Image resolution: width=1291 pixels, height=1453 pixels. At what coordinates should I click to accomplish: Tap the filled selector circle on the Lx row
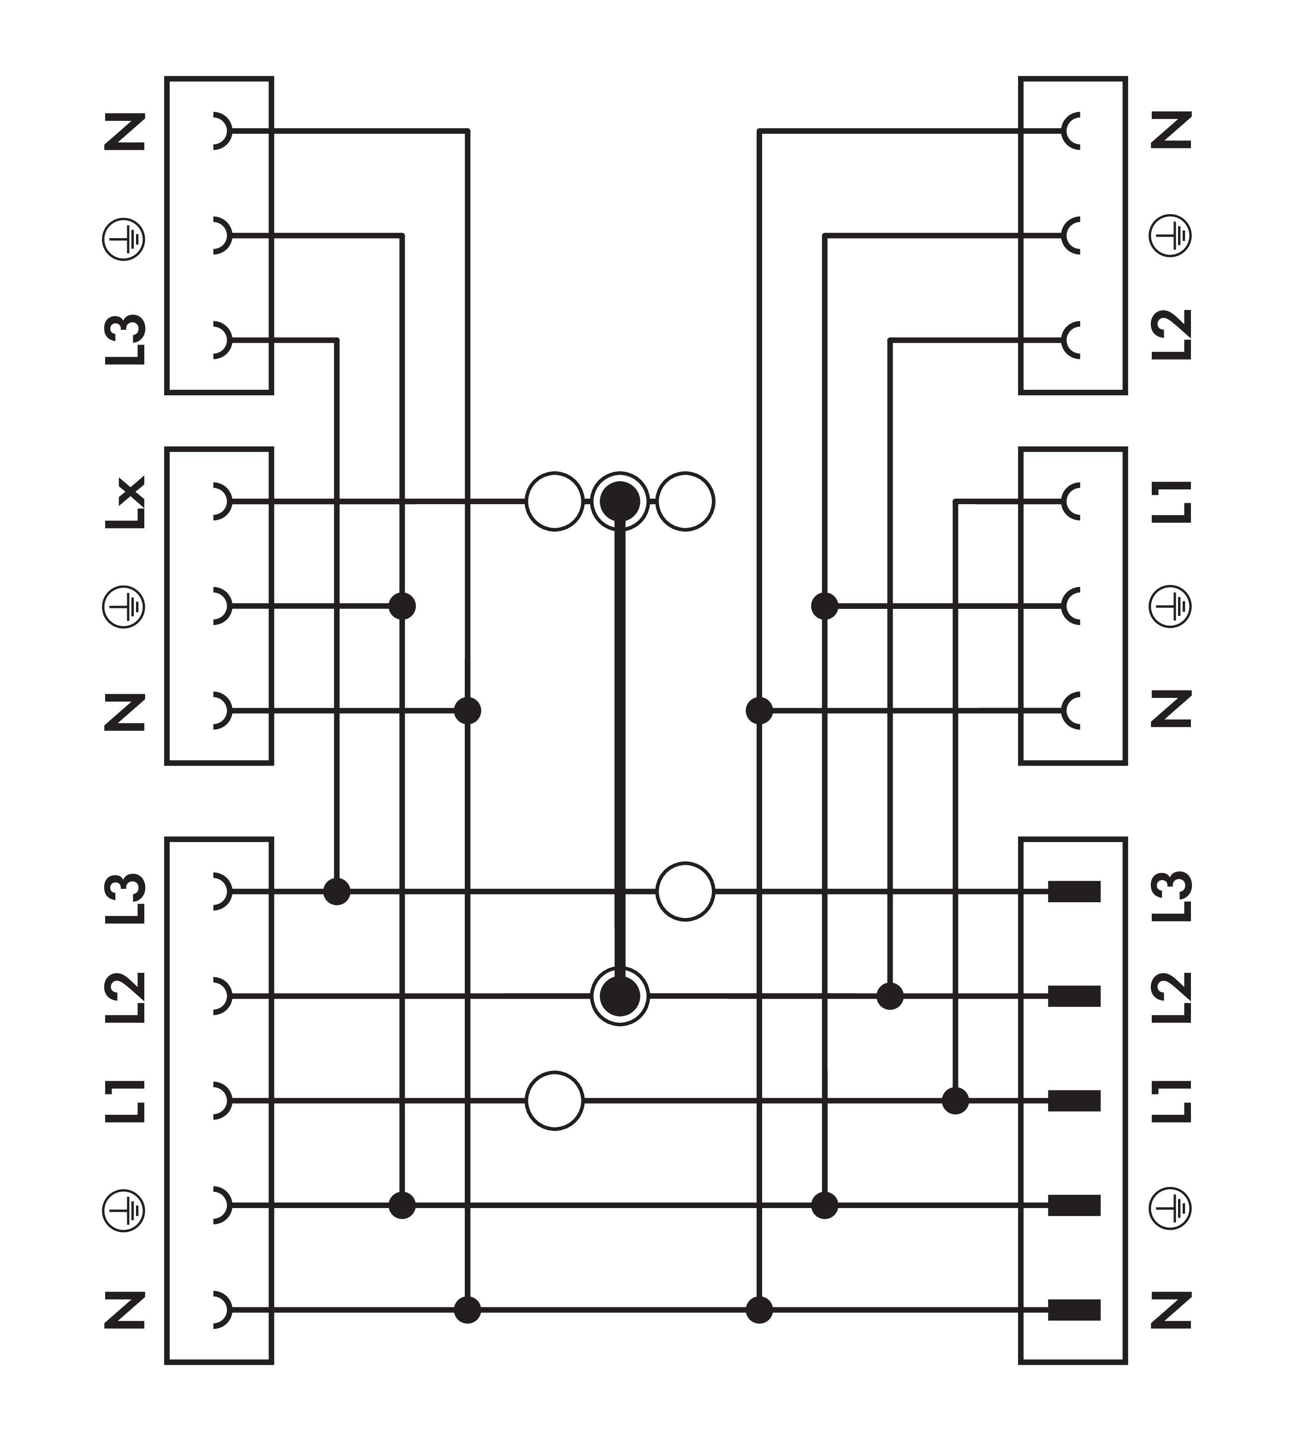pos(620,501)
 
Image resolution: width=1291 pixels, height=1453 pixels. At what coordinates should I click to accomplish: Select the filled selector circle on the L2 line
pos(620,997)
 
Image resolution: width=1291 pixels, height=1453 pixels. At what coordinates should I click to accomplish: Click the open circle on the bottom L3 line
pos(685,892)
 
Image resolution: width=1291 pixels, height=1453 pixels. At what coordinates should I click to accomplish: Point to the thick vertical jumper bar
pos(620,749)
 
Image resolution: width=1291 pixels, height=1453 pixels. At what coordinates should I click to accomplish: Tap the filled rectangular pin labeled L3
pos(1074,892)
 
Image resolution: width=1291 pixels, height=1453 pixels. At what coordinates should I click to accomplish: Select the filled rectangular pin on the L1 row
pos(1074,1101)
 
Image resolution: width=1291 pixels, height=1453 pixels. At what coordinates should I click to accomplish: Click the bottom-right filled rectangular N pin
pos(1074,1310)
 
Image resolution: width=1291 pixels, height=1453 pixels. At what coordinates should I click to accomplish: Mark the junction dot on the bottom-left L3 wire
pos(337,892)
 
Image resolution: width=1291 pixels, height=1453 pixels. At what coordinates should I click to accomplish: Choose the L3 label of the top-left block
pos(125,340)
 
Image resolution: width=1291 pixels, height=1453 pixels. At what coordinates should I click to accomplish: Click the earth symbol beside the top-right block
pos(1170,236)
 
